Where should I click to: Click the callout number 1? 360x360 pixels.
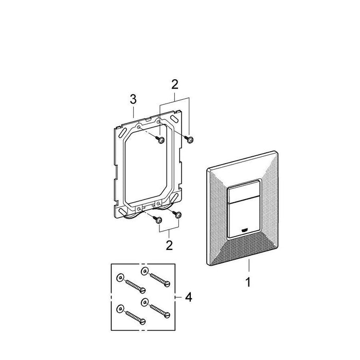[248, 282]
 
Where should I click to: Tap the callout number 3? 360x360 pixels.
[133, 99]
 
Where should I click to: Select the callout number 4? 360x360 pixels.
[189, 297]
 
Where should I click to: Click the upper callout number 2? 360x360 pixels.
[175, 84]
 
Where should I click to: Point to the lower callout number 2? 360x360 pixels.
[169, 245]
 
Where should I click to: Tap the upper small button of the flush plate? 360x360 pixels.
[244, 192]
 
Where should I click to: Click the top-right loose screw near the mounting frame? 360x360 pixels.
[189, 139]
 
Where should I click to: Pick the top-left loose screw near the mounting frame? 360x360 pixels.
[160, 139]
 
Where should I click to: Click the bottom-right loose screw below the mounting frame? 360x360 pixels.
[177, 214]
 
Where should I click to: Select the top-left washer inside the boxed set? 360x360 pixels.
[120, 278]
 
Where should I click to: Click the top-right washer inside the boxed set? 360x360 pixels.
[145, 271]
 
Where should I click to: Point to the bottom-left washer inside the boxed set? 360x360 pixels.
[120, 308]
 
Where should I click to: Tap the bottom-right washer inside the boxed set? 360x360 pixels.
[145, 302]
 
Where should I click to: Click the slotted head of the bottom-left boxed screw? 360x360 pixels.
[142, 321]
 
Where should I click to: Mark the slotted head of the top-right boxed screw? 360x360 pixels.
[167, 284]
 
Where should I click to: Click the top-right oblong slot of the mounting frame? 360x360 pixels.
[174, 120]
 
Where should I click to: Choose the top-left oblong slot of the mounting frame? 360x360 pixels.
[123, 133]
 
